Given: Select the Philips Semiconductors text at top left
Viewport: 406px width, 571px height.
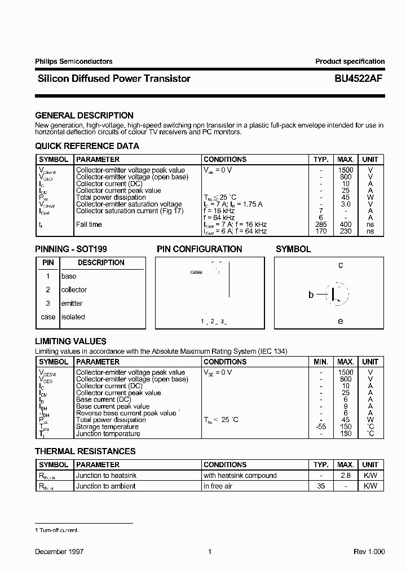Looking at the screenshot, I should pos(73,62).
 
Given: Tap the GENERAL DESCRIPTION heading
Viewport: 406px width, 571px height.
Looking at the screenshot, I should pos(84,115).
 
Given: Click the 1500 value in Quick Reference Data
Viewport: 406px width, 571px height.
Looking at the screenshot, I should pos(345,170).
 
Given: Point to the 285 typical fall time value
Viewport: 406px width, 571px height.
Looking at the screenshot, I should pos(321,225).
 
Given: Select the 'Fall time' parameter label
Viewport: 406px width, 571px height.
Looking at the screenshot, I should pos(89,225).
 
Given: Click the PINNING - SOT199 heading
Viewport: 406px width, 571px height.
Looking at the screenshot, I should pos(71,249).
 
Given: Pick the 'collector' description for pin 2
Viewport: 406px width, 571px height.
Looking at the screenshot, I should pos(74,289).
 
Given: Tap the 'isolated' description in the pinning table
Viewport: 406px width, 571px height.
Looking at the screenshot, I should pos(73,317).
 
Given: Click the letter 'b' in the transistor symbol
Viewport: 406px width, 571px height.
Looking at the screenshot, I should pos(311,295).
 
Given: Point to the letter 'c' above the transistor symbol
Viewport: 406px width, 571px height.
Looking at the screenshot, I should pos(341,265).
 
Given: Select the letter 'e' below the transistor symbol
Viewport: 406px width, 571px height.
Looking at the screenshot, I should pos(341,320).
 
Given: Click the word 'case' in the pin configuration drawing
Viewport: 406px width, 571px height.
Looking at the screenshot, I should pos(196,272).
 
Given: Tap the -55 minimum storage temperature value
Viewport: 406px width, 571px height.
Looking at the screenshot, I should pos(321,427).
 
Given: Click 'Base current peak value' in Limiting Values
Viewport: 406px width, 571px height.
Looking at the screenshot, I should pos(113,406).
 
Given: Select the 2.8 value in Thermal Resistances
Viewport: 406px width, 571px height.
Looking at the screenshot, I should pos(345,476).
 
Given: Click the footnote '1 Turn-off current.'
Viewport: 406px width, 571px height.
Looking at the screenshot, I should pos(57,530).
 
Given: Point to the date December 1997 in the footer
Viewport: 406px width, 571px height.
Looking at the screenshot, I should pos(59,552).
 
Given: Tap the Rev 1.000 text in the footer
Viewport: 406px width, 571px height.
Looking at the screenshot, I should pos(369,552).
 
